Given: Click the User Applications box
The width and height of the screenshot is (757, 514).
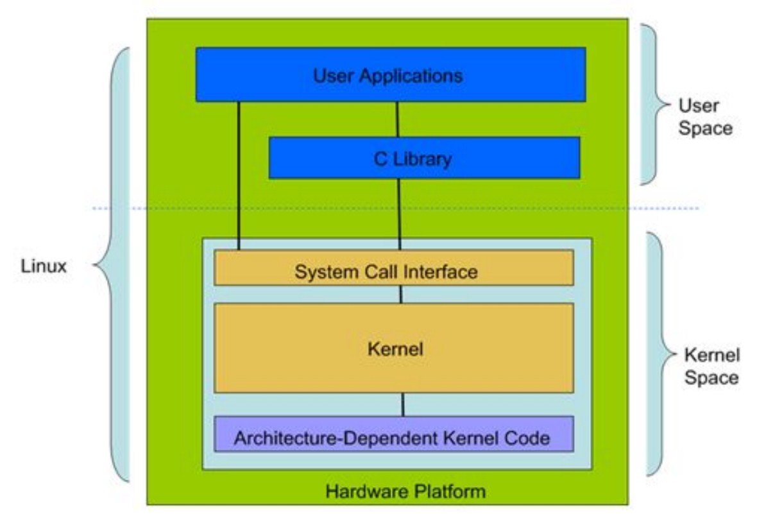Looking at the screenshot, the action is coord(391,74).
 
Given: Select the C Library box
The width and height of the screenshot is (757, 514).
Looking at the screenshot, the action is coord(424,158).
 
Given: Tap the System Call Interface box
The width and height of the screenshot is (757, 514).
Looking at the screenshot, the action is coord(393,268).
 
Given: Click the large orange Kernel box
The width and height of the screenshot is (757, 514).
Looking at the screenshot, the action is coord(393,348).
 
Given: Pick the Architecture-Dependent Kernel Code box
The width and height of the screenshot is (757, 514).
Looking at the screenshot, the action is coord(393,434).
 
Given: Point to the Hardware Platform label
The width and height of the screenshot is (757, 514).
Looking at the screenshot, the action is coord(405,492).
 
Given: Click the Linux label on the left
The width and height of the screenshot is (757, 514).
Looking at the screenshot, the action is coord(44,266).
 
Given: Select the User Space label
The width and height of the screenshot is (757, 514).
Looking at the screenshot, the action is coord(705,116).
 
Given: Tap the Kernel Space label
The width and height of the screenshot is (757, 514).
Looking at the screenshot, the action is coord(711,366).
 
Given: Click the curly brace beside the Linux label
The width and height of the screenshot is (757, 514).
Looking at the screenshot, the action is coord(112,265).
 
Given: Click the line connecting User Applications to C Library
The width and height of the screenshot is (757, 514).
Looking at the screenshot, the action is coord(397,119).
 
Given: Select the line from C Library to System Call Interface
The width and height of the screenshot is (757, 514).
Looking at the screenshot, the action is coord(399,214).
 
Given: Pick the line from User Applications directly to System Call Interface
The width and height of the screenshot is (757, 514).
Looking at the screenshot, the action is coord(239,176).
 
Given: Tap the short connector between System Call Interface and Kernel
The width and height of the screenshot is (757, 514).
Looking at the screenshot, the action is coord(401,294).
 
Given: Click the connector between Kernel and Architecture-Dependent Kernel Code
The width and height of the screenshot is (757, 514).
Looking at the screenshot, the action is coord(403,404).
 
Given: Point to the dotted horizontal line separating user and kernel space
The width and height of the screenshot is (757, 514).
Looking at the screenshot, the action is coord(395,208).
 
